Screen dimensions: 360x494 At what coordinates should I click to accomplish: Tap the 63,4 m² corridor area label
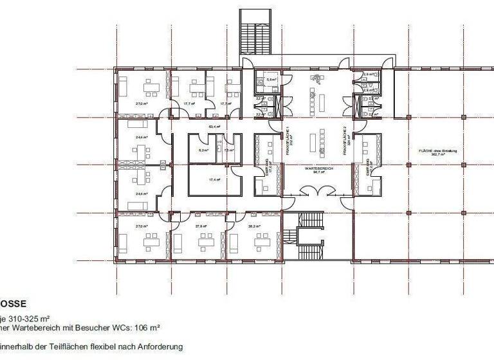pos(210,126)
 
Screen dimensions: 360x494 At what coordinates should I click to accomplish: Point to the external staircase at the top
pos(255,32)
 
